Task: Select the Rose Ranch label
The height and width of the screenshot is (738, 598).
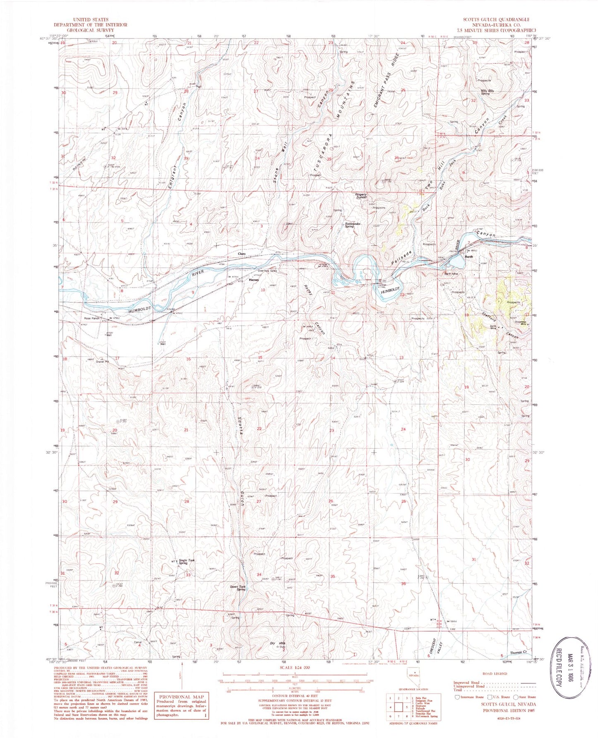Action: click(x=92, y=318)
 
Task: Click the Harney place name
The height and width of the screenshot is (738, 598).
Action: click(x=254, y=280)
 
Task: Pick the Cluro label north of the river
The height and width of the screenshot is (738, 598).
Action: click(x=242, y=254)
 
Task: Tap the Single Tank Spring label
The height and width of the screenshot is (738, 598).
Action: click(x=186, y=562)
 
